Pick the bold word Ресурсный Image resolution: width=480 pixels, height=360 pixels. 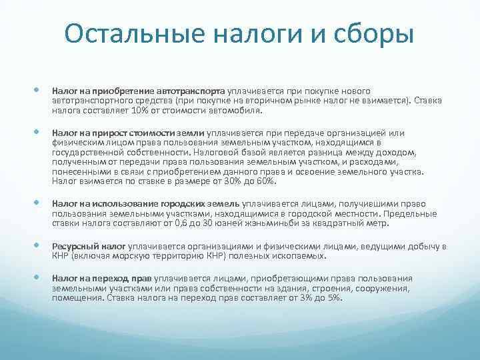coord(73,247)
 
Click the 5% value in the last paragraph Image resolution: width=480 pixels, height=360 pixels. coord(333,297)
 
